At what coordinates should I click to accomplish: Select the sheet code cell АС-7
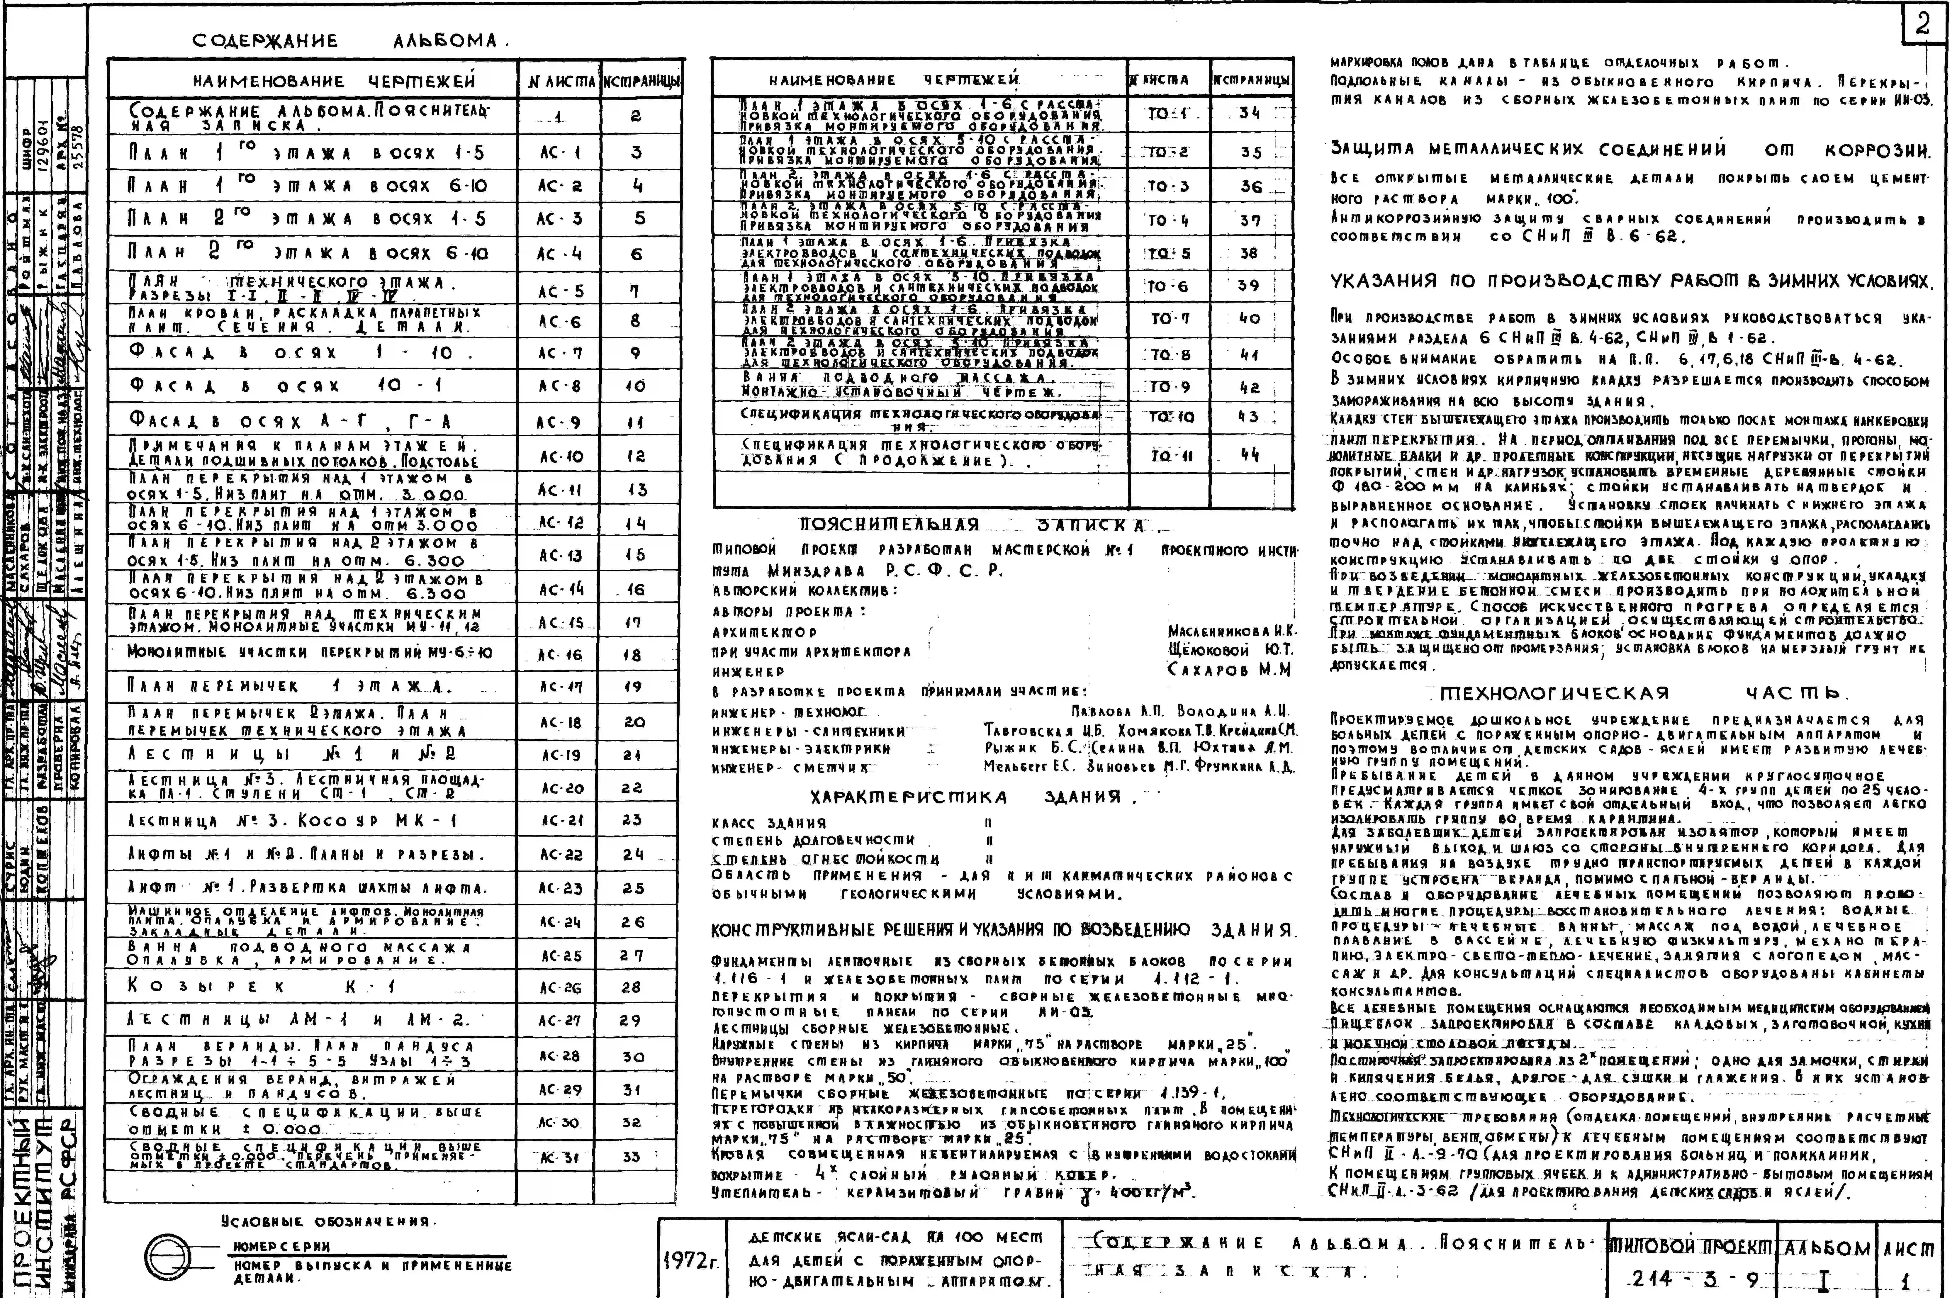point(559,353)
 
